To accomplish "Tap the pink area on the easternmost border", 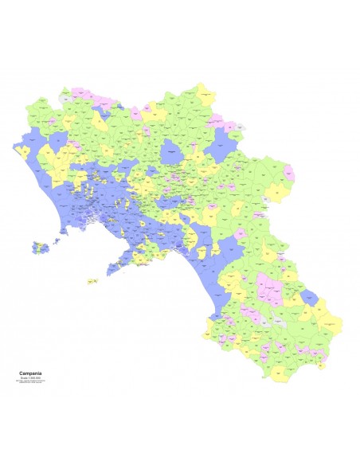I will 289,173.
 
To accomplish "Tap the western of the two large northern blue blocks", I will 34,144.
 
